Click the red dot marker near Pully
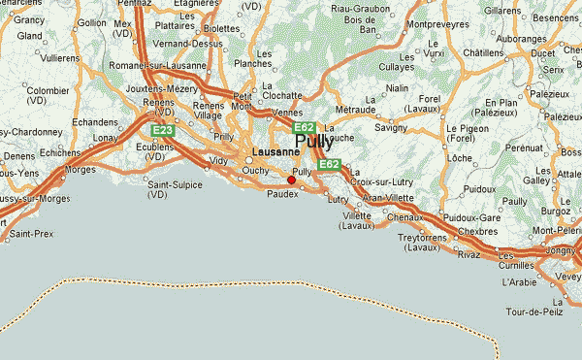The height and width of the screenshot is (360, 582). pos(291,180)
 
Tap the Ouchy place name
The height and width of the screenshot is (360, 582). pos(254,172)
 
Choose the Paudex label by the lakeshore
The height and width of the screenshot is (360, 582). pos(283,192)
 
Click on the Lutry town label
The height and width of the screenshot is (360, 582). pos(338,199)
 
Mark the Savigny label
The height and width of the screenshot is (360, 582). pos(391,127)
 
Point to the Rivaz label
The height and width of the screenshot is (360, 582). pos(469,255)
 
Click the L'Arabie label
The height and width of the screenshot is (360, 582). pos(519,281)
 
